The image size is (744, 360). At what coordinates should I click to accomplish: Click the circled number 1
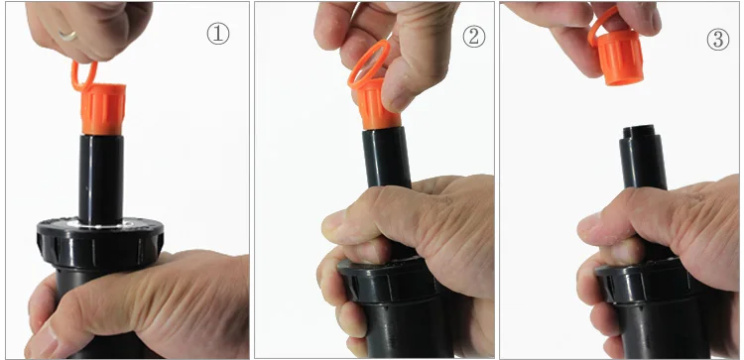pos(218,34)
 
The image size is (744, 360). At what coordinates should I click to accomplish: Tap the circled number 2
pos(474,36)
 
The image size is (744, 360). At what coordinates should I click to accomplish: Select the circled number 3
pos(718,40)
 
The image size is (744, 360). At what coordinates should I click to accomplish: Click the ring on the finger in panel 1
pos(67,36)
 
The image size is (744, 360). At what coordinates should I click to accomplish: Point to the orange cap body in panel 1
pos(103,109)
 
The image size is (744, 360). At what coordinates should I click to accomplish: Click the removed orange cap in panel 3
pos(619,58)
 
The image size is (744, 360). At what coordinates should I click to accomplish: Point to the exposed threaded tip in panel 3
pos(638,131)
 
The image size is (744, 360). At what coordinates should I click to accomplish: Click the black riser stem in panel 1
pos(101,180)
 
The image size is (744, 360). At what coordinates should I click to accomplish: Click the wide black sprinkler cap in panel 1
pos(100,242)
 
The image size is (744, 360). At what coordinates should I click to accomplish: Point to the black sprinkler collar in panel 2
pos(388,281)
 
